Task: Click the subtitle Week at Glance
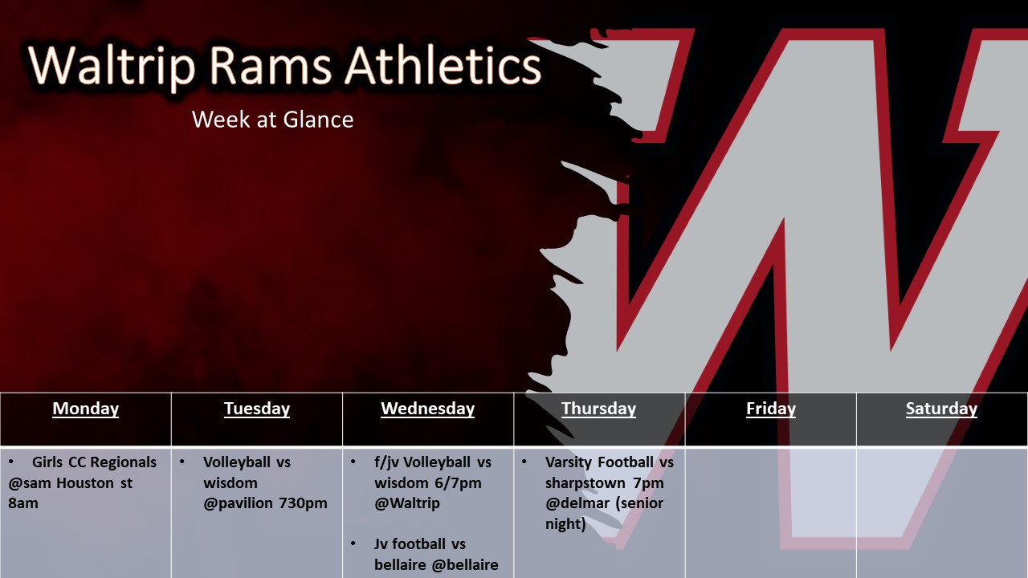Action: coord(272,120)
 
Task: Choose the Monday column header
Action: coord(86,409)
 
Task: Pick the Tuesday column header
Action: coord(257,409)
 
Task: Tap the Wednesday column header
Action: coord(428,409)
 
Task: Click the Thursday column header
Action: coord(599,409)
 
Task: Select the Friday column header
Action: coord(771,409)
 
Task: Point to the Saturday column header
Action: coord(942,409)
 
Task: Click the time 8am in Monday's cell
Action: coord(23,503)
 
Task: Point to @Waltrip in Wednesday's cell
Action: coord(407,503)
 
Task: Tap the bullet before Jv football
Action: coord(353,543)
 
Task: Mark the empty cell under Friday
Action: coord(771,512)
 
